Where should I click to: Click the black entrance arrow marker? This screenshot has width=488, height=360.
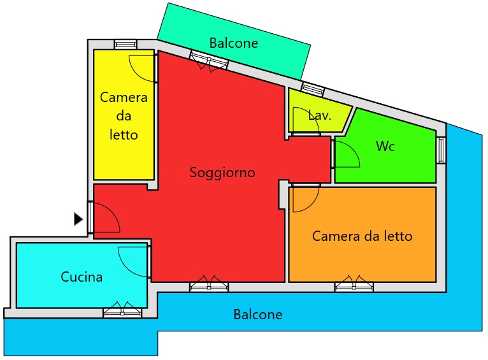pyautogui.click(x=78, y=219)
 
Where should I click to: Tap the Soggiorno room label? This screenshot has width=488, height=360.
pyautogui.click(x=222, y=173)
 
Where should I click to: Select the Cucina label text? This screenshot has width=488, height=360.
pyautogui.click(x=82, y=277)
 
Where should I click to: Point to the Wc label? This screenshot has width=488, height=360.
pyautogui.click(x=385, y=147)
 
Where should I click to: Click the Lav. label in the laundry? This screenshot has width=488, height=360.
pyautogui.click(x=320, y=115)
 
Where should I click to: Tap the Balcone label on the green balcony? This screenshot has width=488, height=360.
pyautogui.click(x=234, y=43)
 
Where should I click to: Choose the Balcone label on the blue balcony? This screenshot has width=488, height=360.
pyautogui.click(x=258, y=315)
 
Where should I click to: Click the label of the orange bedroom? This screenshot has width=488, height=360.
pyautogui.click(x=362, y=236)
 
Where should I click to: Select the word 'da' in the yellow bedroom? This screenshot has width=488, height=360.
pyautogui.click(x=124, y=116)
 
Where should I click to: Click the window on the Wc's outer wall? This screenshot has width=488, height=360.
pyautogui.click(x=441, y=150)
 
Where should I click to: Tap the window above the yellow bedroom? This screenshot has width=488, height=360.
pyautogui.click(x=126, y=44)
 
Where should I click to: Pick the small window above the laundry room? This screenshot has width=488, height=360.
pyautogui.click(x=313, y=90)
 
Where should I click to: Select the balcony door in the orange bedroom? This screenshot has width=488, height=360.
pyautogui.click(x=354, y=284)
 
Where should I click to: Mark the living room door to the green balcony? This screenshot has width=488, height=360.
pyautogui.click(x=209, y=61)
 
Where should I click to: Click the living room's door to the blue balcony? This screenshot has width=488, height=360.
pyautogui.click(x=209, y=284)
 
